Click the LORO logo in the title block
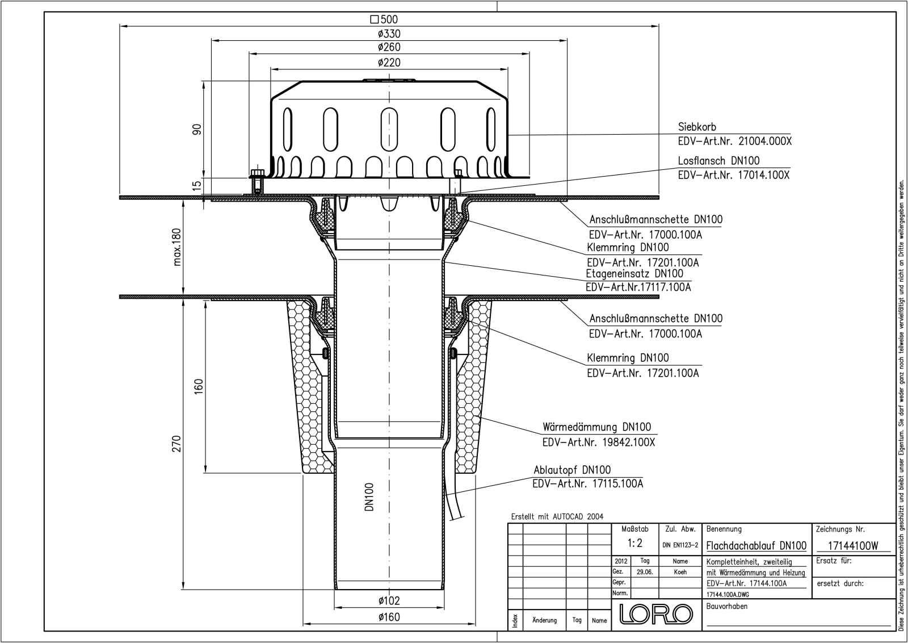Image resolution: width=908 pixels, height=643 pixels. pos(656,614)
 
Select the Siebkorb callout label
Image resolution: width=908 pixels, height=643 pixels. pos(697,127)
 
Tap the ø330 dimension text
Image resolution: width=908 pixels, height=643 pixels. pos(389,34)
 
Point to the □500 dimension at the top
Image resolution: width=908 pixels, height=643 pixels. pos(384,19)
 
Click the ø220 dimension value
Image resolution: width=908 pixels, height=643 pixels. pos(389,62)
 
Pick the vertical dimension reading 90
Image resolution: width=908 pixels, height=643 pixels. pos(196,130)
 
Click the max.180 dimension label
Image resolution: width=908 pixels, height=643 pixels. pos(177,247)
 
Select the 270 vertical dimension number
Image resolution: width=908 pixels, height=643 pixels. pos(176,444)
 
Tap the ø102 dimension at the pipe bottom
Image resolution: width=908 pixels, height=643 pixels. pos(389,600)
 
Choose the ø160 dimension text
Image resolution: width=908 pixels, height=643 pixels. pos(389,617)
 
